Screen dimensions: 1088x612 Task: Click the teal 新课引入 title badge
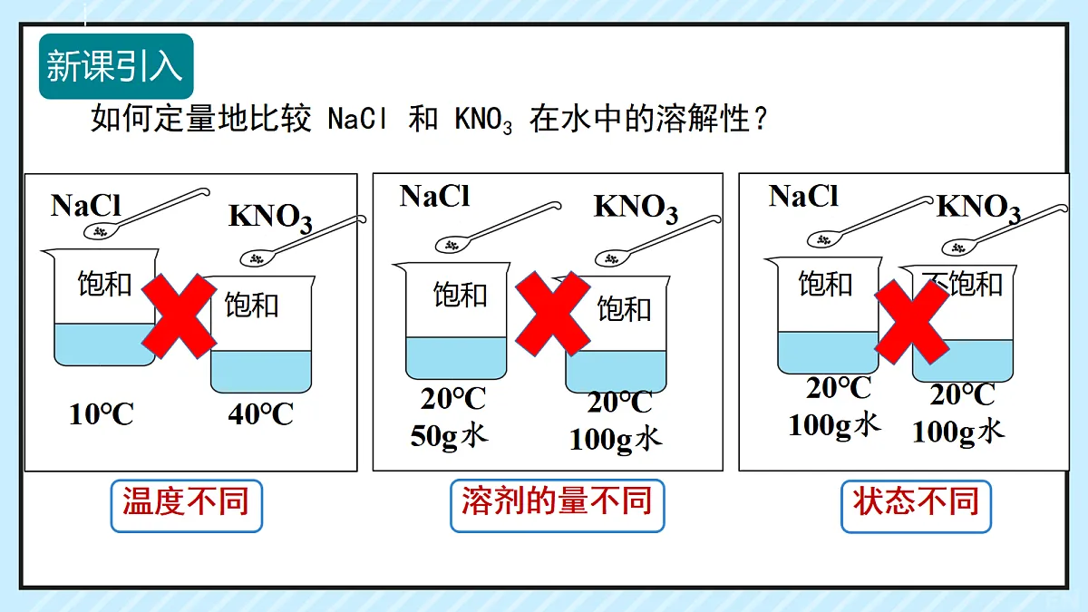point(116,66)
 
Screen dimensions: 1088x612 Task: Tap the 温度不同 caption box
point(187,506)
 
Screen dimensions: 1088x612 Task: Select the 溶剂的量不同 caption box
point(557,506)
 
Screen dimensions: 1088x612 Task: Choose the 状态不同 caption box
point(916,506)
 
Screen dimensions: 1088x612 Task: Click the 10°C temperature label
point(101,414)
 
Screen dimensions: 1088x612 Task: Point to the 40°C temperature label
point(261,414)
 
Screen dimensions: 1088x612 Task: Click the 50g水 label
point(449,436)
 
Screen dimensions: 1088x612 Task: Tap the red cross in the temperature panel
point(179,316)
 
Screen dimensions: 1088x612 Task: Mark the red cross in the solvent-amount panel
point(553,314)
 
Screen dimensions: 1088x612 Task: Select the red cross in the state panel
point(912,322)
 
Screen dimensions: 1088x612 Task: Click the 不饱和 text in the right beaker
point(962,284)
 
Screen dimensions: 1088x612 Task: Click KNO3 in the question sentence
point(483,120)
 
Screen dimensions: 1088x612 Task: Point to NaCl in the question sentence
point(358,118)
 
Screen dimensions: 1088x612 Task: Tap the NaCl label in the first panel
point(85,205)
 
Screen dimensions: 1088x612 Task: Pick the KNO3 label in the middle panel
point(636,208)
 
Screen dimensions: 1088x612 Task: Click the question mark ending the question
point(760,119)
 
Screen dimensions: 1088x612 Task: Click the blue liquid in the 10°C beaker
point(104,345)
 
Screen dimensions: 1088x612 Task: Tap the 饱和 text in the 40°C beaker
point(251,305)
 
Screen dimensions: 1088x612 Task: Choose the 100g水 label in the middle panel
point(616,440)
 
